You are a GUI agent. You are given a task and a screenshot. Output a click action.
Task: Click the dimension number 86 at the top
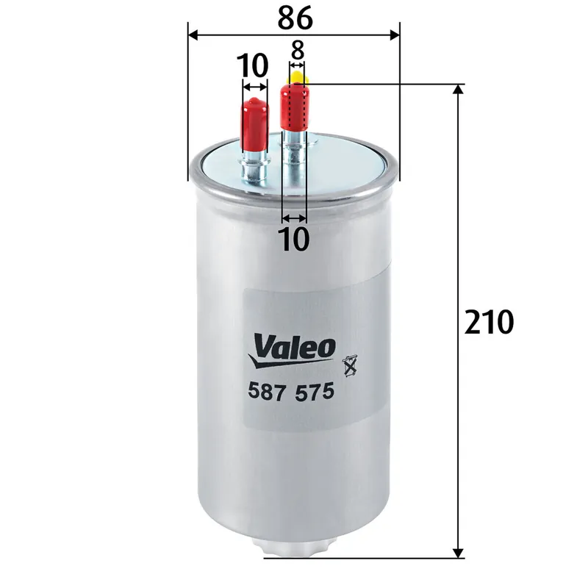click(x=295, y=18)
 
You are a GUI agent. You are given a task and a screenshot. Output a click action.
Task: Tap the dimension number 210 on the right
click(x=489, y=321)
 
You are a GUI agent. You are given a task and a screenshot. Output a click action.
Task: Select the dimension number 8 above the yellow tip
click(x=297, y=50)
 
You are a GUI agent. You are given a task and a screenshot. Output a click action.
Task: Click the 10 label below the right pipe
click(x=295, y=239)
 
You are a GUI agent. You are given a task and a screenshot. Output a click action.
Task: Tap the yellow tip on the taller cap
click(x=297, y=76)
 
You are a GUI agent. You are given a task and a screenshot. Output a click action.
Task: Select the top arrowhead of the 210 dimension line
click(x=459, y=90)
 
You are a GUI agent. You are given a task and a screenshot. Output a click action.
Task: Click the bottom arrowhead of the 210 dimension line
click(x=459, y=552)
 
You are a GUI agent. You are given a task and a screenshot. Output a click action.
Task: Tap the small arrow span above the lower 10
click(x=295, y=218)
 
